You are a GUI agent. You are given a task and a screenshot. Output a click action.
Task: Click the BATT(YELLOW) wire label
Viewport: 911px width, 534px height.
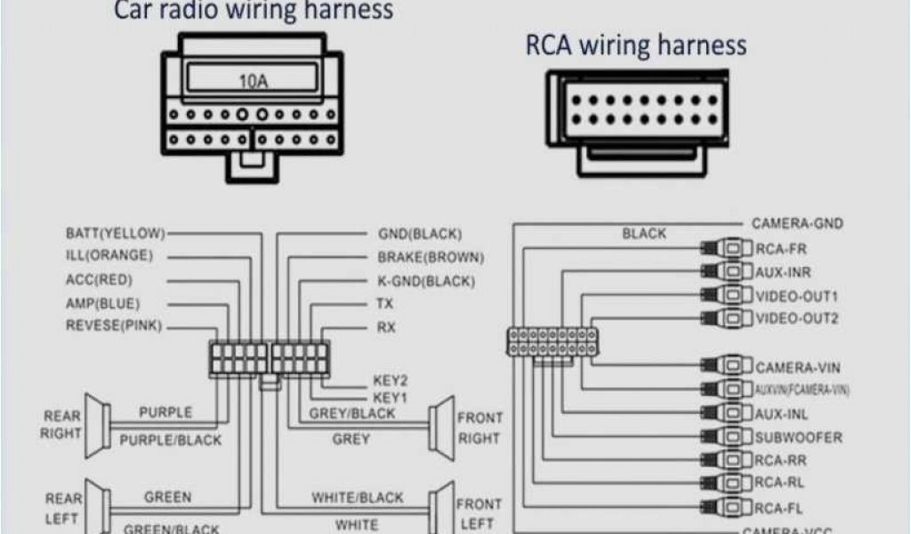tap(115, 234)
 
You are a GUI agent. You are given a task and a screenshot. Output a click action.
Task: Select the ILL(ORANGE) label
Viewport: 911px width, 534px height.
tap(109, 256)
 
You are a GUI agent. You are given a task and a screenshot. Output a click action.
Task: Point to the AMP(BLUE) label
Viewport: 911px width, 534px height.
tap(102, 303)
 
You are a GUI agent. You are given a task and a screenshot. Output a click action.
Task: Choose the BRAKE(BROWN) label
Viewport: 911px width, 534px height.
tap(431, 258)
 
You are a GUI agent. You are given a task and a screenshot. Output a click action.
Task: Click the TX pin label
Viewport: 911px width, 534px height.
tap(385, 304)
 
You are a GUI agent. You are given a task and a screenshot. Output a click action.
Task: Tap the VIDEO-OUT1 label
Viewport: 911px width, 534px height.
tap(796, 295)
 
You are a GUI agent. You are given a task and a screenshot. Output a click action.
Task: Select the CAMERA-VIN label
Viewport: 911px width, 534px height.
tap(798, 367)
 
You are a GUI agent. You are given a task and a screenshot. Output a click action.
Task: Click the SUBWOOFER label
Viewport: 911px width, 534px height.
tap(798, 438)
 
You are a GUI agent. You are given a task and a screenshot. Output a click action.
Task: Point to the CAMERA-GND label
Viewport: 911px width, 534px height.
tap(797, 224)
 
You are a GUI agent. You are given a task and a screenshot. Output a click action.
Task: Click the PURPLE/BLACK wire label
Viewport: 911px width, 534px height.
tap(170, 440)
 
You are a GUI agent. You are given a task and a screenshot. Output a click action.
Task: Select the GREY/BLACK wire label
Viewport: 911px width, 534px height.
tap(351, 414)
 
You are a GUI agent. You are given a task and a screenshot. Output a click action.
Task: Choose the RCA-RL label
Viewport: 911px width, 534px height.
tap(780, 484)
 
